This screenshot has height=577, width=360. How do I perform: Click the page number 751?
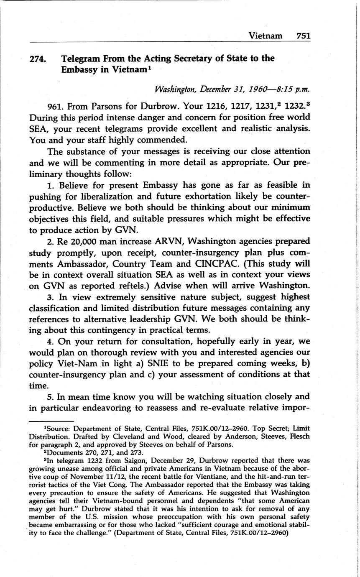(x=303, y=36)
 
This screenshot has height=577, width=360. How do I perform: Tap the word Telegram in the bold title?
(x=82, y=59)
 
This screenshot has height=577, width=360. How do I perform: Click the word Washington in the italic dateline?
(x=176, y=89)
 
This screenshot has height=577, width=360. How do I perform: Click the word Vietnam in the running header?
(x=265, y=36)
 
